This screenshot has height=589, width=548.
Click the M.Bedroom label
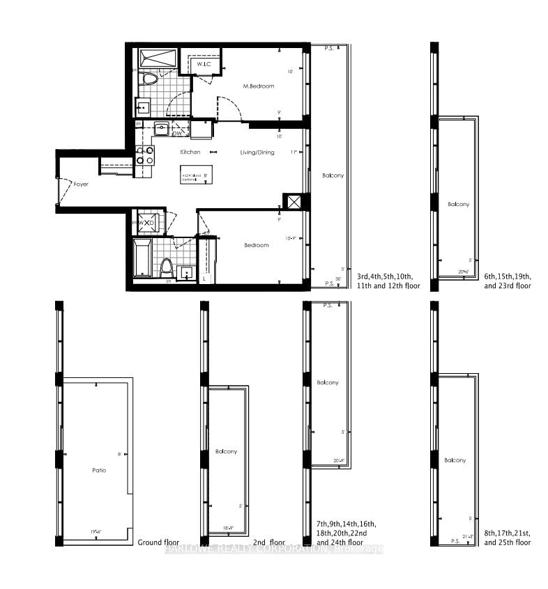[258, 86]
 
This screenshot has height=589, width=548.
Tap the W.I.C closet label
[204, 65]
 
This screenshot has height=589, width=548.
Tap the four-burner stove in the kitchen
[144, 155]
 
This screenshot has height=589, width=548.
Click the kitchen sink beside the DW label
[161, 128]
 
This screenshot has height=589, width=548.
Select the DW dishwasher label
[177, 133]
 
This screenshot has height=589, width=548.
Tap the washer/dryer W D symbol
[149, 223]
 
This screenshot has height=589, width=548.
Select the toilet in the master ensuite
[149, 79]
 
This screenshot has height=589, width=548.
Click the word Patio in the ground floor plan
[99, 471]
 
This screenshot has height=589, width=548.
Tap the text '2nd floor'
[269, 542]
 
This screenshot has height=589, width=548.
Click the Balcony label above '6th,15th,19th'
[459, 205]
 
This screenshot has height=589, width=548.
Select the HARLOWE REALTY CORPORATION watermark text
[274, 550]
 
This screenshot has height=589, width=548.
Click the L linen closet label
[204, 278]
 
